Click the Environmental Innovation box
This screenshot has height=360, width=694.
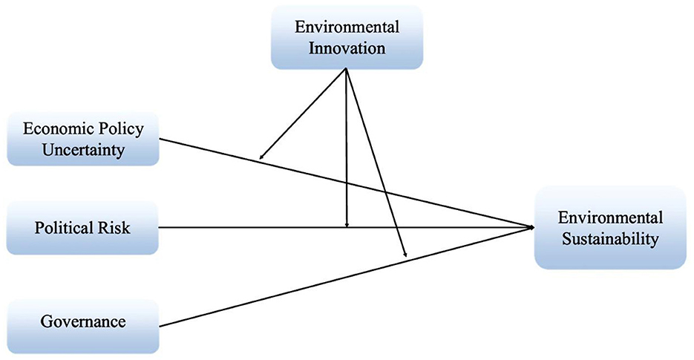(x=347, y=39)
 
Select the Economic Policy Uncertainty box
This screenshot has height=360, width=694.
(x=83, y=138)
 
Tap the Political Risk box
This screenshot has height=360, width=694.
(x=82, y=227)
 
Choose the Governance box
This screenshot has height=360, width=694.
(x=82, y=322)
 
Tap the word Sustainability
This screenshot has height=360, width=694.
(x=610, y=239)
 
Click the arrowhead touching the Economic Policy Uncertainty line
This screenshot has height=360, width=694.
(x=261, y=157)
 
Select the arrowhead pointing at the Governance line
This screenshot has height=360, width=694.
(x=406, y=256)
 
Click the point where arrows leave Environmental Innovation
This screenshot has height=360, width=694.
(x=347, y=69)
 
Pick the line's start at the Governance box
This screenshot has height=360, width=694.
(x=160, y=326)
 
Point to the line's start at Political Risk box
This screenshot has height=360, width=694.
(x=160, y=227)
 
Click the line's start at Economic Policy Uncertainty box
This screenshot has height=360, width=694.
(x=160, y=138)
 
